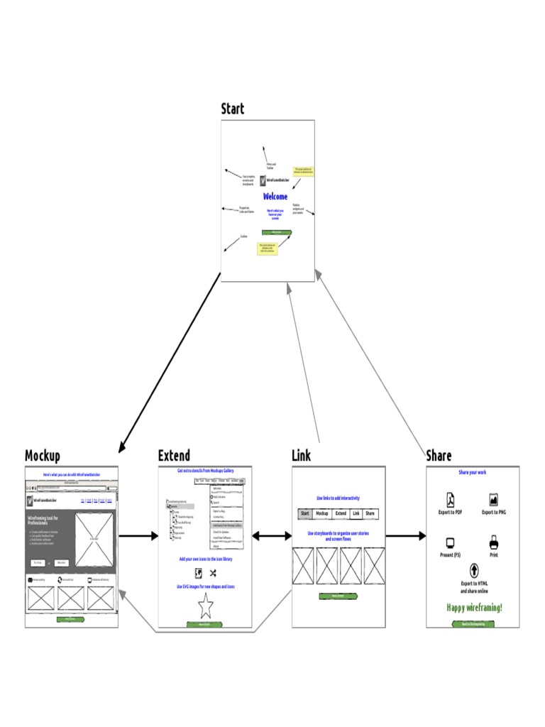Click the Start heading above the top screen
[x=232, y=109]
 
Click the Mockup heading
[x=43, y=456]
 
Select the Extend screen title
[x=174, y=456]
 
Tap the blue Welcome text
[x=275, y=197]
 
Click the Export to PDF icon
[x=449, y=500]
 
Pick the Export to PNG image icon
[x=493, y=500]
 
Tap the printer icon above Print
[x=493, y=544]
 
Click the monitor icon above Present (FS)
[x=449, y=544]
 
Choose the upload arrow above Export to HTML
[x=473, y=570]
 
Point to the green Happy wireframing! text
[x=474, y=607]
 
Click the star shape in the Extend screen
[x=206, y=606]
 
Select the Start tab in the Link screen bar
[x=305, y=513]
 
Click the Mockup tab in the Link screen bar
[x=322, y=513]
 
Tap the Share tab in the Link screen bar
[x=370, y=513]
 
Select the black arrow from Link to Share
[x=406, y=536]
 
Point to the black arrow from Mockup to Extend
[x=138, y=536]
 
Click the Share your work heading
[x=473, y=472]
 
